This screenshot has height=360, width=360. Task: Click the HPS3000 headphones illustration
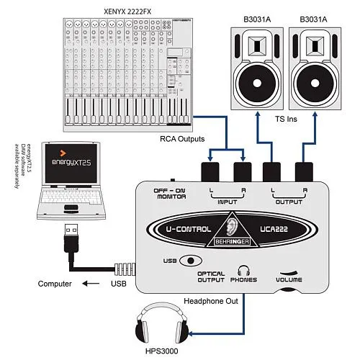click(x=163, y=329)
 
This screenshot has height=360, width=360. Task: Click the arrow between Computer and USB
click(x=91, y=284)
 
